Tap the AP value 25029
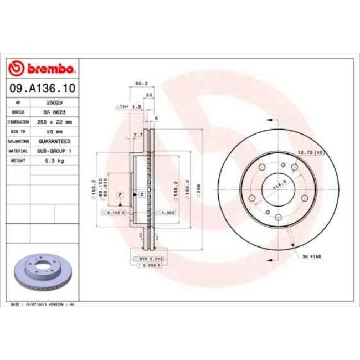click(54, 102)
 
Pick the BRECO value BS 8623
click(54, 112)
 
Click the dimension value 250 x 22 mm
click(54, 121)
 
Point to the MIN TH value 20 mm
click(54, 131)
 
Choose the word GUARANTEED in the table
click(54, 141)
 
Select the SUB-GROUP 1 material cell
click(54, 150)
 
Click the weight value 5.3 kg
click(54, 160)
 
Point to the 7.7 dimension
click(138, 135)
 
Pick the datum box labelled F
click(120, 194)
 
